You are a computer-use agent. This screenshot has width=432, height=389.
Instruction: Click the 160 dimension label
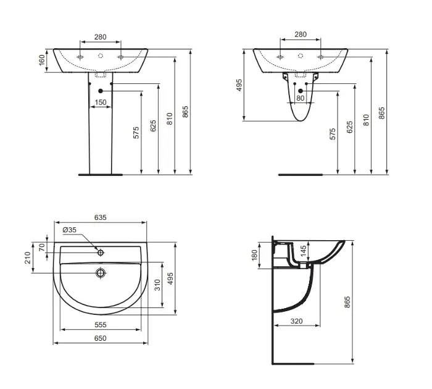(41, 60)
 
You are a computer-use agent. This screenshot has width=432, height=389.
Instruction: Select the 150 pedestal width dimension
(100, 102)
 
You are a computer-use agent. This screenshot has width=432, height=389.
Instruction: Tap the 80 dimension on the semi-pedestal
(301, 98)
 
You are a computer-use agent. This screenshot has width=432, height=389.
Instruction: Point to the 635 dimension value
(100, 217)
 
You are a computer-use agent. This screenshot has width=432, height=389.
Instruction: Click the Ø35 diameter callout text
(69, 230)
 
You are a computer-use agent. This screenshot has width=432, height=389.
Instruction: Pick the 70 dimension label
(42, 247)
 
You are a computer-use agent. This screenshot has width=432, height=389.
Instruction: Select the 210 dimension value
(28, 257)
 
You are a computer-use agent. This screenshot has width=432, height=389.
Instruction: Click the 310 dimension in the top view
(157, 285)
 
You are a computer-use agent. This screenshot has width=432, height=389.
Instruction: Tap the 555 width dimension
(100, 325)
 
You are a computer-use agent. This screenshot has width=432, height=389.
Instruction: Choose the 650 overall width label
(100, 338)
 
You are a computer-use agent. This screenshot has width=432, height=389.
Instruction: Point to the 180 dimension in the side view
(254, 254)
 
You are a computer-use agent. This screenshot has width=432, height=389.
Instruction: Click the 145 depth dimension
(303, 251)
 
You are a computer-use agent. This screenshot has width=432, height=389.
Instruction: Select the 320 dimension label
(296, 321)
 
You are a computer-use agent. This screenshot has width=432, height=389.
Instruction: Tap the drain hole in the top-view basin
(101, 273)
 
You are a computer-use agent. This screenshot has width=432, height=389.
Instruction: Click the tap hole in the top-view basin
(101, 253)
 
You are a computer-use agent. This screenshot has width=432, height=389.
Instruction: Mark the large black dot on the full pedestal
(100, 91)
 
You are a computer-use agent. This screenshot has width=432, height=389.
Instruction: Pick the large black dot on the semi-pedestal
(301, 91)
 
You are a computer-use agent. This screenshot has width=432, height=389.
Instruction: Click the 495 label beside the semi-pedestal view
(239, 85)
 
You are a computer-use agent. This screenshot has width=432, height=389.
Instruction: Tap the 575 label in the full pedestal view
(136, 133)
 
